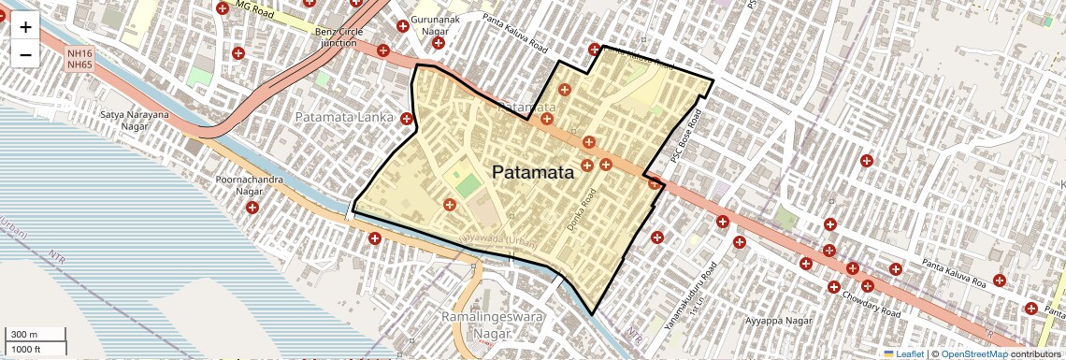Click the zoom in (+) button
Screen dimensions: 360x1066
click(25, 26)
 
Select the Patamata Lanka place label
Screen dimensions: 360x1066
click(345, 118)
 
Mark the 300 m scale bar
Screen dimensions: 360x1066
click(36, 335)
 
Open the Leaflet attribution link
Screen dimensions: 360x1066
click(904, 353)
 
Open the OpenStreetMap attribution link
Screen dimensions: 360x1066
click(973, 353)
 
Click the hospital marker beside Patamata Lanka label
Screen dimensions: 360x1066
click(407, 118)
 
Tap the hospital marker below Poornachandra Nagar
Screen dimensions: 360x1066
click(252, 207)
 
